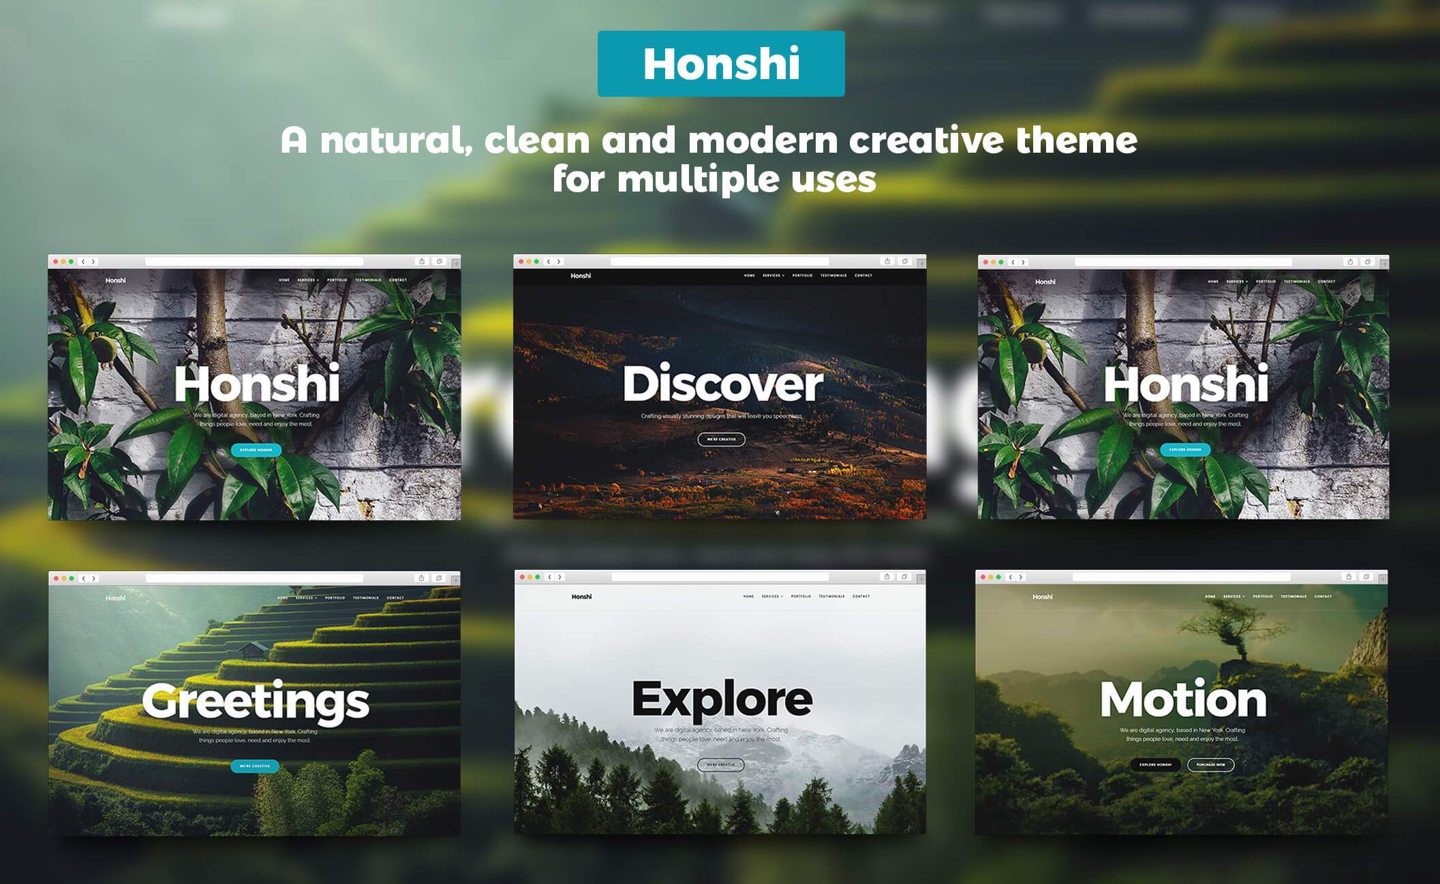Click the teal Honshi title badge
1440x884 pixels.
(x=721, y=63)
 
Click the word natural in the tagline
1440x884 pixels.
(x=396, y=140)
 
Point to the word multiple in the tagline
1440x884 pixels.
(x=698, y=180)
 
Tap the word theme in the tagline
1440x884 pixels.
(x=1076, y=140)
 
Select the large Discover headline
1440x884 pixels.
(x=722, y=384)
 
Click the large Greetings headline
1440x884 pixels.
(x=256, y=702)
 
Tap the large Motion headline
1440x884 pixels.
(x=1183, y=700)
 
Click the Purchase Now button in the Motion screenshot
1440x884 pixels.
(x=1210, y=765)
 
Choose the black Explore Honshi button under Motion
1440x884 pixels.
(x=1155, y=765)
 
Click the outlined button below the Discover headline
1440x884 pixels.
(x=721, y=440)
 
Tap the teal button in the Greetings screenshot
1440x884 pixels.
(x=255, y=766)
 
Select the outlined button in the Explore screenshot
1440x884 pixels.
(x=720, y=765)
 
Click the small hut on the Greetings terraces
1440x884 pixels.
(x=254, y=650)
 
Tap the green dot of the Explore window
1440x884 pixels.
(x=538, y=577)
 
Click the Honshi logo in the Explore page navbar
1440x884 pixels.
(x=581, y=597)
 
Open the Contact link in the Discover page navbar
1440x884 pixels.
(x=863, y=276)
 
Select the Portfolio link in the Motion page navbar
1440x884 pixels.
(x=1262, y=596)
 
